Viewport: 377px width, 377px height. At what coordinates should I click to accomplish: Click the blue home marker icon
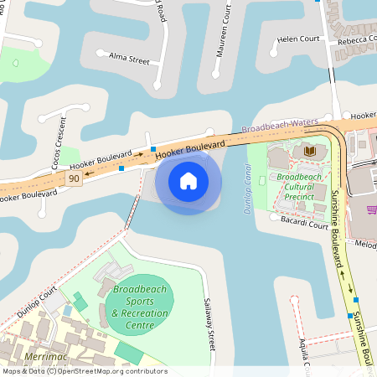click(x=188, y=181)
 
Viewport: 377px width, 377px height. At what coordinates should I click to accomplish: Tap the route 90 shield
click(x=75, y=178)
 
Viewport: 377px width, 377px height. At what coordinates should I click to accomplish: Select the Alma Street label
click(x=129, y=59)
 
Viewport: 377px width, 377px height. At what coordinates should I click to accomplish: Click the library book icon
click(x=310, y=151)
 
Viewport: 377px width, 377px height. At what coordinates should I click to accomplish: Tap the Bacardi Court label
click(x=304, y=225)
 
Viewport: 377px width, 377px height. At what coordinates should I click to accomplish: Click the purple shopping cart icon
click(x=371, y=209)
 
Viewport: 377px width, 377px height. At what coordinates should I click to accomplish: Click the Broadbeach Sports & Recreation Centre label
click(x=140, y=307)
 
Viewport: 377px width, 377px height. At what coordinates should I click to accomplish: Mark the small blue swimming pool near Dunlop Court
click(x=68, y=311)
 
